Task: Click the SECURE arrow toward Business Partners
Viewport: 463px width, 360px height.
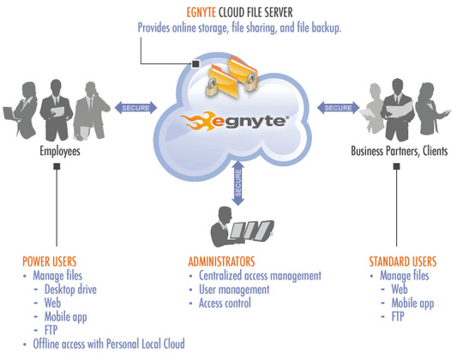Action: click(x=338, y=108)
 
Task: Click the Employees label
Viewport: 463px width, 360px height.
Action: click(x=60, y=152)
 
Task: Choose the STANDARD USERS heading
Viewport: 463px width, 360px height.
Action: click(x=403, y=261)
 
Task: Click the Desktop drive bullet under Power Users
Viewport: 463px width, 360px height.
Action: click(x=70, y=290)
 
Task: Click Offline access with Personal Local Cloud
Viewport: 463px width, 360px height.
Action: click(x=108, y=344)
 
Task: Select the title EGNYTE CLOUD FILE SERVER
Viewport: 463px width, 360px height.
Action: click(x=240, y=12)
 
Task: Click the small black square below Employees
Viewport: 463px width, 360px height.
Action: click(x=57, y=168)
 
